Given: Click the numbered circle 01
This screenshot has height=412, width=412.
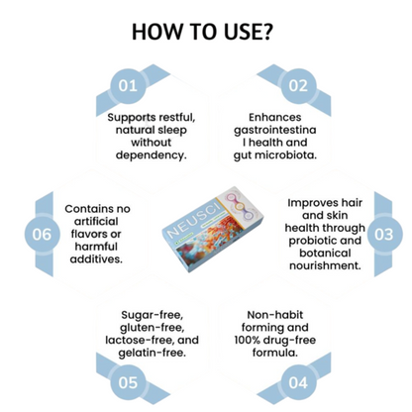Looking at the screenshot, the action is coord(128,86).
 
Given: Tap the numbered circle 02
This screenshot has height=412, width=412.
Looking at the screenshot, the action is coord(298,86).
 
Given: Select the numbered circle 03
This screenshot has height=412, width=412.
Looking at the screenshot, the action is coord(384,234).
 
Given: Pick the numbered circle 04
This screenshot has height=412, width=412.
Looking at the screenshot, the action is coord(298,382).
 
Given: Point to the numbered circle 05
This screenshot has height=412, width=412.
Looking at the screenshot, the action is coord(128,382).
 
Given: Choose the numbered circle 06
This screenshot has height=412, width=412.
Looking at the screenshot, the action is coord(42,234).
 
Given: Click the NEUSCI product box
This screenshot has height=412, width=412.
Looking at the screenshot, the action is coord(212,229).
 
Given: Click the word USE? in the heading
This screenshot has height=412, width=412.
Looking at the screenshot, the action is coord(248,32).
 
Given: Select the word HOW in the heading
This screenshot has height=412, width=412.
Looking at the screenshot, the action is coord(157,32).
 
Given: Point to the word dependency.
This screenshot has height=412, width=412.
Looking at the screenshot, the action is coord(152,155).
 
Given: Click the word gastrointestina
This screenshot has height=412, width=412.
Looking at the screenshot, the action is coord(275,131).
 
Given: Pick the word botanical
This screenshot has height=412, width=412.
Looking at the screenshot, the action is coord(325,254).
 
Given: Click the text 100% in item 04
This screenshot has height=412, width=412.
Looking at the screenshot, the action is coord(247,340).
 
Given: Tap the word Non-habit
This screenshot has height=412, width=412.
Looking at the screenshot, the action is coord(275,315).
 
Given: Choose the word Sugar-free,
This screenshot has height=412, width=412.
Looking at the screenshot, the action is coord(153,315).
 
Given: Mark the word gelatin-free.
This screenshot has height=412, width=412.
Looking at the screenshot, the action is coord(153,353).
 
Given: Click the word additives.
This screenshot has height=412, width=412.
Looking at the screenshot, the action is coord(96,259).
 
